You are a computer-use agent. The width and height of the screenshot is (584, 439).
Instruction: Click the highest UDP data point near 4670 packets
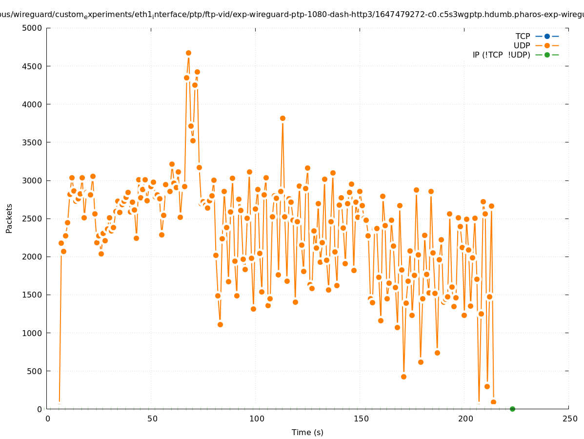188,53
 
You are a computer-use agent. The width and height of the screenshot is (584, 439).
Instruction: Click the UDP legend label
522,45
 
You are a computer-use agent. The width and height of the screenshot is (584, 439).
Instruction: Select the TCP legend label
523,36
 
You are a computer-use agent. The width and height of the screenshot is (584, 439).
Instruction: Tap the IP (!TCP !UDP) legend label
501,55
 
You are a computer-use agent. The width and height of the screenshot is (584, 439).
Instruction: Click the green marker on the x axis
512,409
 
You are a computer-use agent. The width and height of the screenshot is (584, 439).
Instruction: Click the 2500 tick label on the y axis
32,219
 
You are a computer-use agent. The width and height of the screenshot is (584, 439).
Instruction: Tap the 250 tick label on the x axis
569,419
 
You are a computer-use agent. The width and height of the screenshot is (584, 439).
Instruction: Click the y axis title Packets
9,218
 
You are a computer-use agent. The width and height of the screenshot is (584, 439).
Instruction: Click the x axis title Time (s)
307,432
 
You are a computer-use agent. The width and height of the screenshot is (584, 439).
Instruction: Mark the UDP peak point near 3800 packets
282,118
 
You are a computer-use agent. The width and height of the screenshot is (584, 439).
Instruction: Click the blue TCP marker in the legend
547,36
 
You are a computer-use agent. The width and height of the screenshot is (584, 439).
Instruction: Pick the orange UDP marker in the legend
547,45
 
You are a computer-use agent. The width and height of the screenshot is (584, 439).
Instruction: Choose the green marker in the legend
547,55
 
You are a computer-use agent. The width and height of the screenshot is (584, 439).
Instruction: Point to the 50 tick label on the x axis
152,419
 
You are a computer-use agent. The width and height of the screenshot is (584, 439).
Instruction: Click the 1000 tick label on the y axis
32,333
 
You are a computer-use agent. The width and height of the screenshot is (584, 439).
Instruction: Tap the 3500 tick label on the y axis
32,142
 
